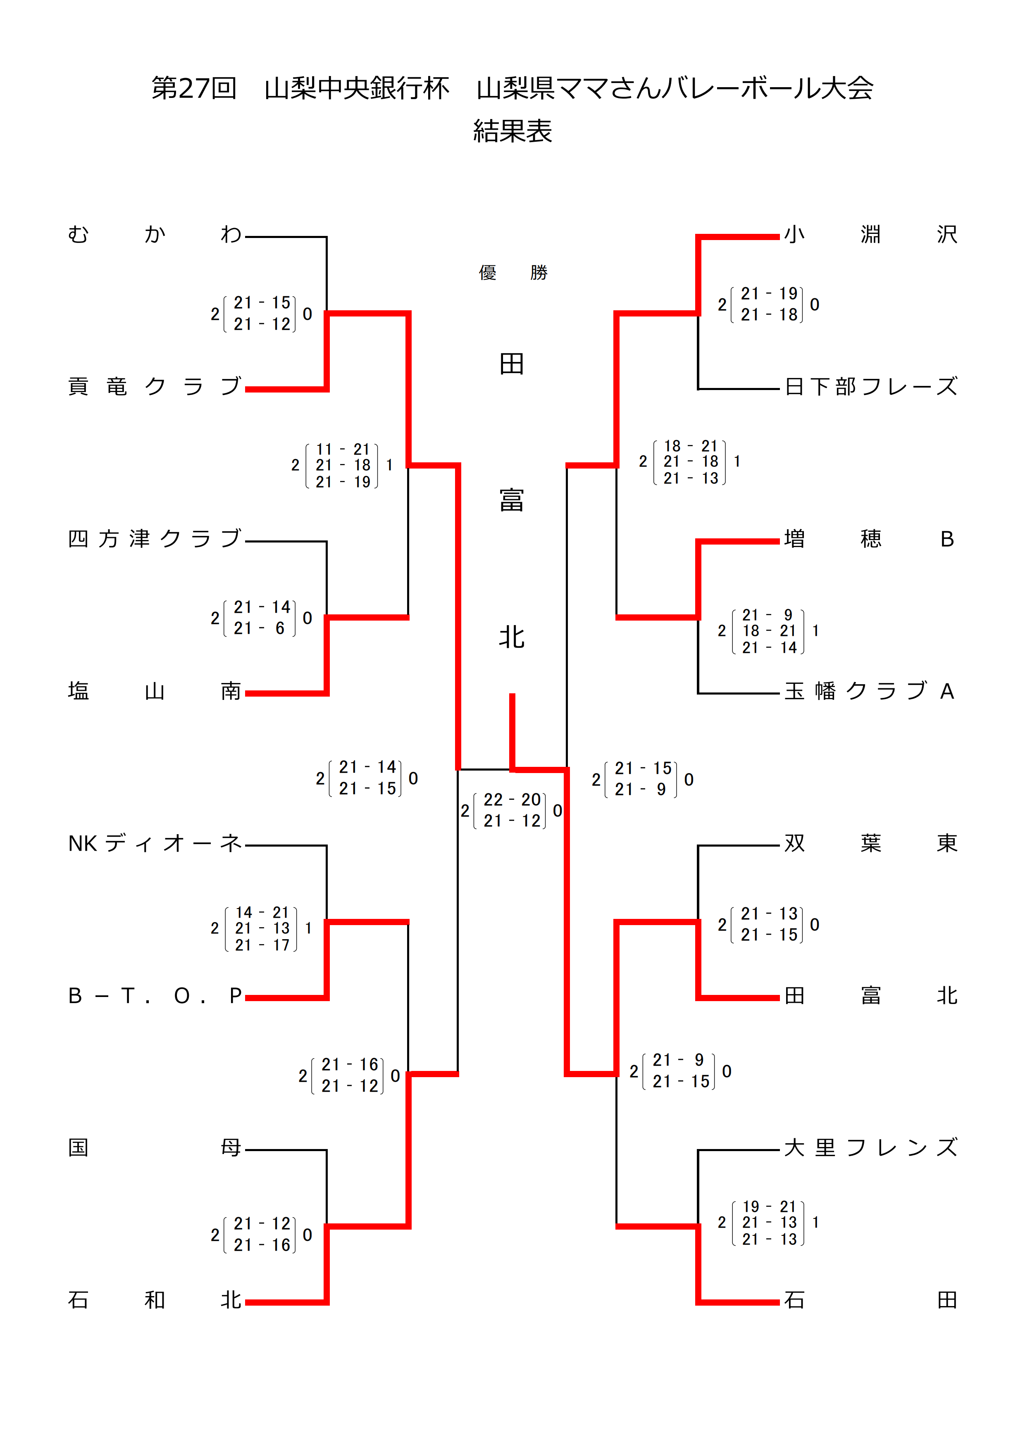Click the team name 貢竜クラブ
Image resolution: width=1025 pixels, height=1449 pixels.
(x=155, y=386)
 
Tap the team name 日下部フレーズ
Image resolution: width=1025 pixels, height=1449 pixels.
(x=871, y=386)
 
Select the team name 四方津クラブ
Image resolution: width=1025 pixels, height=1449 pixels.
(x=155, y=539)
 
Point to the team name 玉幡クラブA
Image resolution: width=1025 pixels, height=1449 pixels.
(x=870, y=691)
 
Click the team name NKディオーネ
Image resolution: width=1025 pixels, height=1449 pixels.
(x=155, y=843)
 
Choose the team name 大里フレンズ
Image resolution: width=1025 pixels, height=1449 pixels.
(x=871, y=1147)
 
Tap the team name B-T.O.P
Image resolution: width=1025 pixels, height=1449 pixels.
(x=155, y=996)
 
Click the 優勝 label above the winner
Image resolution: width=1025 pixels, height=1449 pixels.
(x=512, y=273)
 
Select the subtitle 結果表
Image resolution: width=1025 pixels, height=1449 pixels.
(x=512, y=131)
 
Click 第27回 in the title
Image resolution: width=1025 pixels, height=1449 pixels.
(x=194, y=88)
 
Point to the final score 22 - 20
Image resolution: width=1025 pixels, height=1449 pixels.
(x=512, y=799)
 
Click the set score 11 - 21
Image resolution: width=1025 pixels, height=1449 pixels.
(x=343, y=450)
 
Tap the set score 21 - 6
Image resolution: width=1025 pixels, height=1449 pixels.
(x=261, y=628)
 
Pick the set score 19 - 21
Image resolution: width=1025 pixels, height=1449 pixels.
(x=769, y=1206)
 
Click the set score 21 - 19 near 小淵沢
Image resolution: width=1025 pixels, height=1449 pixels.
(x=769, y=293)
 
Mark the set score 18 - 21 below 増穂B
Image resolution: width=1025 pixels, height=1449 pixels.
(x=769, y=631)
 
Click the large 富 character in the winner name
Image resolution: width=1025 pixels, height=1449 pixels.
(x=512, y=500)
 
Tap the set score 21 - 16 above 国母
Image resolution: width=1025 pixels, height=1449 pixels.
(x=350, y=1065)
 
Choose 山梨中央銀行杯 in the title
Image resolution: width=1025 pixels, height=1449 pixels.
(x=357, y=88)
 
